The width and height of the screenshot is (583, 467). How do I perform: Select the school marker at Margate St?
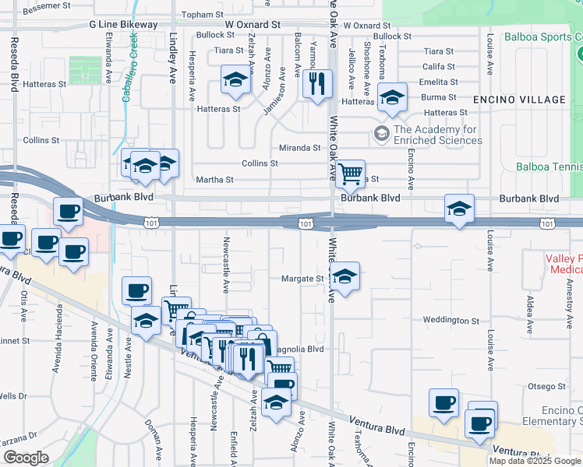click(344, 276)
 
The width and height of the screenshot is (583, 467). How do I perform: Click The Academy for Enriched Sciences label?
click(437, 135)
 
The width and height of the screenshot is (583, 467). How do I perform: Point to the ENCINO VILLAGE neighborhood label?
click(518, 100)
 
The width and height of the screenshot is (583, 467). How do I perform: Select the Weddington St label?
click(451, 320)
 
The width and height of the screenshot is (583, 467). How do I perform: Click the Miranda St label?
click(300, 148)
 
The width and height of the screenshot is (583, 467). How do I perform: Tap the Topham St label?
click(202, 15)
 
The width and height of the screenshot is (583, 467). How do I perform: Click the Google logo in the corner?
click(26, 458)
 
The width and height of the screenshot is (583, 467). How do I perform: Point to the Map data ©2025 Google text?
click(535, 461)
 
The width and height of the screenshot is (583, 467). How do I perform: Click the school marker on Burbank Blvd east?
click(459, 209)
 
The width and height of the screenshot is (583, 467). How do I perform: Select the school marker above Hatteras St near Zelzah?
click(234, 81)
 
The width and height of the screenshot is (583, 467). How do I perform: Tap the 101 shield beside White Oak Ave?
click(306, 223)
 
